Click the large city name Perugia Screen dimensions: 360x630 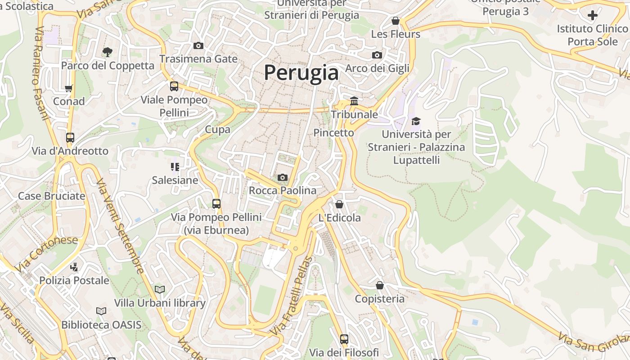(x=301, y=72)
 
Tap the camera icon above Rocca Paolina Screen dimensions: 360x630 (x=283, y=177)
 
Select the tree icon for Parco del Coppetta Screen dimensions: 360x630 (x=107, y=52)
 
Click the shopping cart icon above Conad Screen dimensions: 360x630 (x=68, y=88)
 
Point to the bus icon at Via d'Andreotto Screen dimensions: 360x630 (x=70, y=138)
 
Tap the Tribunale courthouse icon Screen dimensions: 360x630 (x=354, y=101)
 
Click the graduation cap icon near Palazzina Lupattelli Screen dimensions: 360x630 (x=416, y=121)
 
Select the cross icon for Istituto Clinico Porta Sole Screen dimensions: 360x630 (x=593, y=15)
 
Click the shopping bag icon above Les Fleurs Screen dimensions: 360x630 (x=396, y=21)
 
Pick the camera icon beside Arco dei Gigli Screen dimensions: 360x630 (x=377, y=55)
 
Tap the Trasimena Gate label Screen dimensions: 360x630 (x=198, y=59)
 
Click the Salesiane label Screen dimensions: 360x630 (x=175, y=180)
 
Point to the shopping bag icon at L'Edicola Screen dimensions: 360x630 (x=339, y=204)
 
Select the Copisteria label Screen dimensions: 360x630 (x=379, y=299)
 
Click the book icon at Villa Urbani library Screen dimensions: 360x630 (x=160, y=289)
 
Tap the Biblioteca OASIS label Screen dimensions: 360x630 (x=101, y=324)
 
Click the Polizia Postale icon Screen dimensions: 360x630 (x=74, y=267)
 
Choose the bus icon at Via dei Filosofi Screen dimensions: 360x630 (x=344, y=339)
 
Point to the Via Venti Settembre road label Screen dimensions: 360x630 (x=120, y=226)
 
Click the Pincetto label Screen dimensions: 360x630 (x=333, y=133)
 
